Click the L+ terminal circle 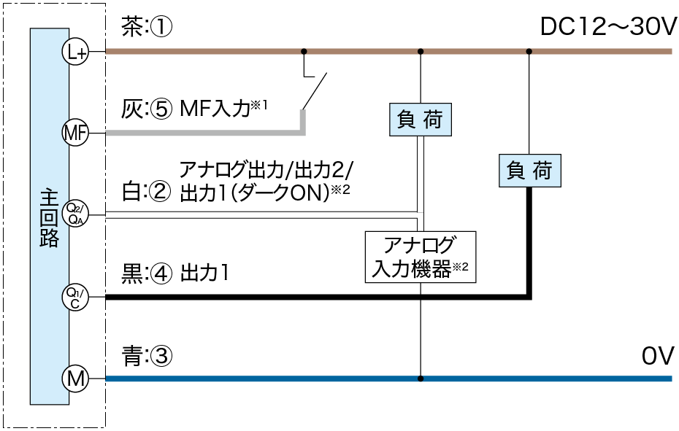click(x=73, y=52)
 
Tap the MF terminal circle click(x=73, y=133)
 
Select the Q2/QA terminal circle click(x=73, y=213)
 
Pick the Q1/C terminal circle click(x=73, y=297)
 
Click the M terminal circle click(x=73, y=378)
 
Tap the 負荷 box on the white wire click(x=420, y=120)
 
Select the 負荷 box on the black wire click(x=529, y=171)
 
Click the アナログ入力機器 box click(x=420, y=257)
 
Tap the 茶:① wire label click(x=146, y=28)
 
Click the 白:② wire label click(x=146, y=191)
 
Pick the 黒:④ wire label click(x=146, y=274)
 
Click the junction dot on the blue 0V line click(x=420, y=378)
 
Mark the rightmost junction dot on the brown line click(x=529, y=52)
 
